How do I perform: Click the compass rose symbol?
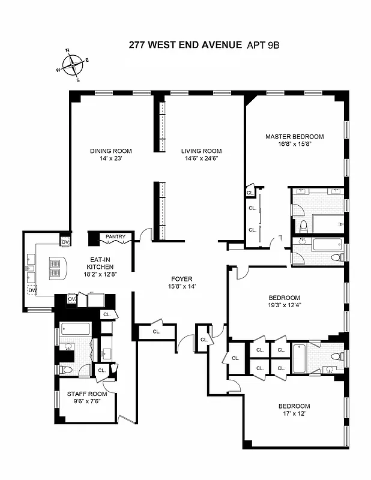click(73, 64)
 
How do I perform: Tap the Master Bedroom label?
click(294, 136)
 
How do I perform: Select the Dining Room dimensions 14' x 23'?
click(110, 160)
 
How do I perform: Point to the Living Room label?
click(202, 151)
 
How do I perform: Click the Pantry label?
click(115, 237)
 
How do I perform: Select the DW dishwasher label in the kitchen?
click(32, 291)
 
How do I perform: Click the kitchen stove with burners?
click(58, 267)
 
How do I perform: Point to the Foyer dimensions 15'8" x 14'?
click(181, 287)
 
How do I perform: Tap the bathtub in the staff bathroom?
click(75, 329)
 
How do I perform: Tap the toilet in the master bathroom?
click(304, 226)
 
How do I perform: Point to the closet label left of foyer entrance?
click(156, 331)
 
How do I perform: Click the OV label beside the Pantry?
click(65, 241)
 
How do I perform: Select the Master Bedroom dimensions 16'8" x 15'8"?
click(294, 144)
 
